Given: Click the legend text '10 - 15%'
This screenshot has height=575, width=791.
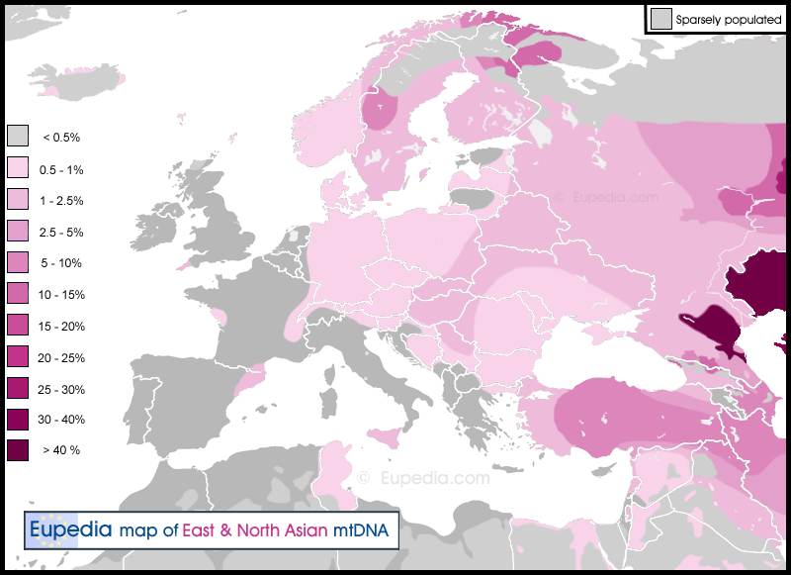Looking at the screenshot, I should [61, 295].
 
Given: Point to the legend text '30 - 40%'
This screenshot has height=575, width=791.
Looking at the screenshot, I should [61, 420].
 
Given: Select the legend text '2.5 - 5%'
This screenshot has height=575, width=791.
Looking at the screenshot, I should [61, 233].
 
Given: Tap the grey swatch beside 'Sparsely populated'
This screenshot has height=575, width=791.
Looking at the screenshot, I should [660, 18].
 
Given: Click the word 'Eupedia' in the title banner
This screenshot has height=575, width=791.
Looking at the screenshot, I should [69, 530].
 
